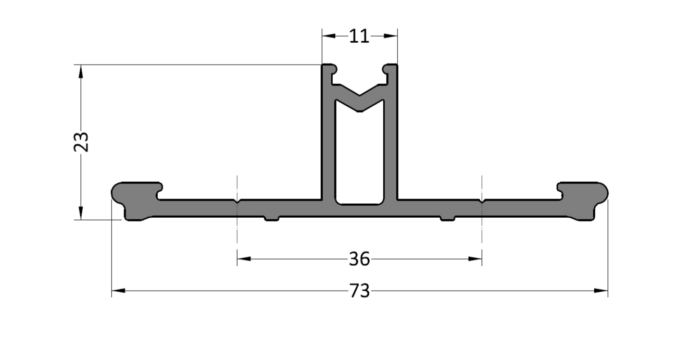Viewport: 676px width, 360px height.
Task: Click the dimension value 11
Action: pos(359,36)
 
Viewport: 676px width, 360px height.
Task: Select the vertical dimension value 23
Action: pos(81,142)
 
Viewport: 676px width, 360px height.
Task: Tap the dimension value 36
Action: pos(359,259)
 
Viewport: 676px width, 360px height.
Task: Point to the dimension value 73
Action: pos(359,291)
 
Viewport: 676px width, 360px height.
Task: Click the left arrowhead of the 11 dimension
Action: pos(329,36)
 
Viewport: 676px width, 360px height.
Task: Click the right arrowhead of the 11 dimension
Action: pos(391,36)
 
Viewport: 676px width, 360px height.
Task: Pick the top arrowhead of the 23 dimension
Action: pos(81,71)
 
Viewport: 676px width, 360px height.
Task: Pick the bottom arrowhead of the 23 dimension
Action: pos(81,213)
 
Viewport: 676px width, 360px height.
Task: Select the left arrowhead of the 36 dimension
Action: pos(244,259)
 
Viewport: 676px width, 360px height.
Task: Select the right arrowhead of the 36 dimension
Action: pos(475,259)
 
